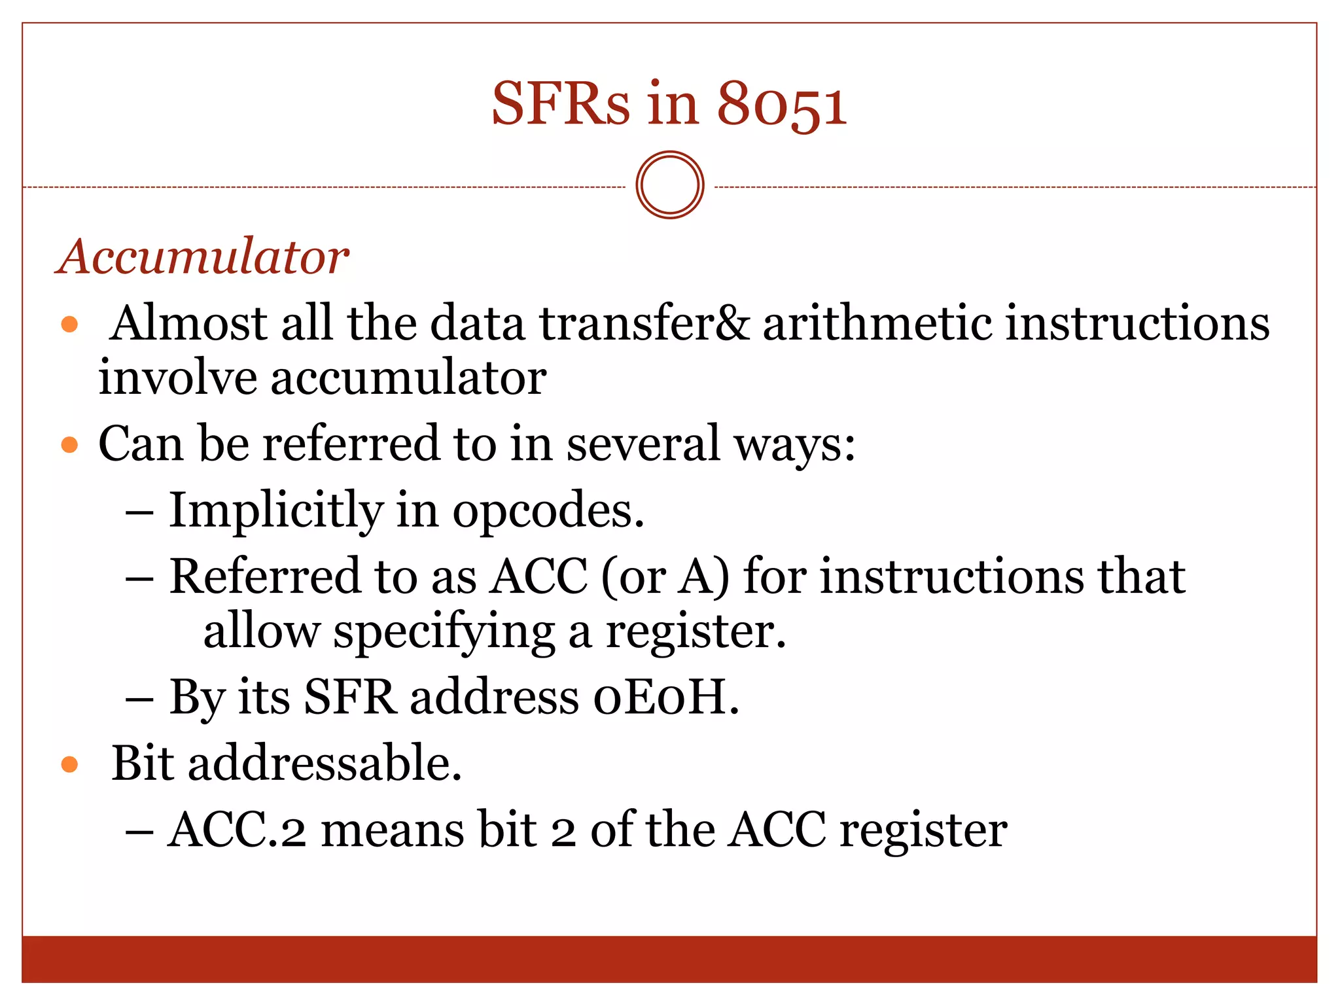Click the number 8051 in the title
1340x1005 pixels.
tap(782, 105)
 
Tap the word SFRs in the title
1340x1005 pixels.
tap(561, 105)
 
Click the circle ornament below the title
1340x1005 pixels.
tap(669, 185)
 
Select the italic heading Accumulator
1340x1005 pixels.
tap(203, 256)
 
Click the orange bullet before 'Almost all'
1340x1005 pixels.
tap(69, 325)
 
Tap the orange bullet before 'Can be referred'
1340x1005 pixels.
tap(69, 446)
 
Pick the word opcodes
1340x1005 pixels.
tap(548, 512)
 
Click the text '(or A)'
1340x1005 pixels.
tap(665, 577)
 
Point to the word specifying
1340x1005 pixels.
tap(444, 632)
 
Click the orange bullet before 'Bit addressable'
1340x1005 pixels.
tap(69, 764)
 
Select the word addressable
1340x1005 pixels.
tap(325, 764)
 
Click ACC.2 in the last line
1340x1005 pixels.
tap(237, 830)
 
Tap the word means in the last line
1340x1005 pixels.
tap(393, 830)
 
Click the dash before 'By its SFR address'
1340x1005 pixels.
tap(139, 699)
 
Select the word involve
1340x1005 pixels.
tap(177, 378)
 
